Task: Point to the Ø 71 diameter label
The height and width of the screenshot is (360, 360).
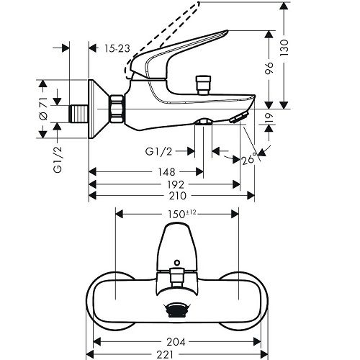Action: coord(42,109)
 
